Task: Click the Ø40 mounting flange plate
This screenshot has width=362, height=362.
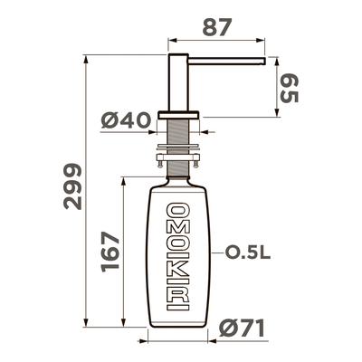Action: pos(177,113)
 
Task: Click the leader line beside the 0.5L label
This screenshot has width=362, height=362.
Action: pos(214,253)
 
